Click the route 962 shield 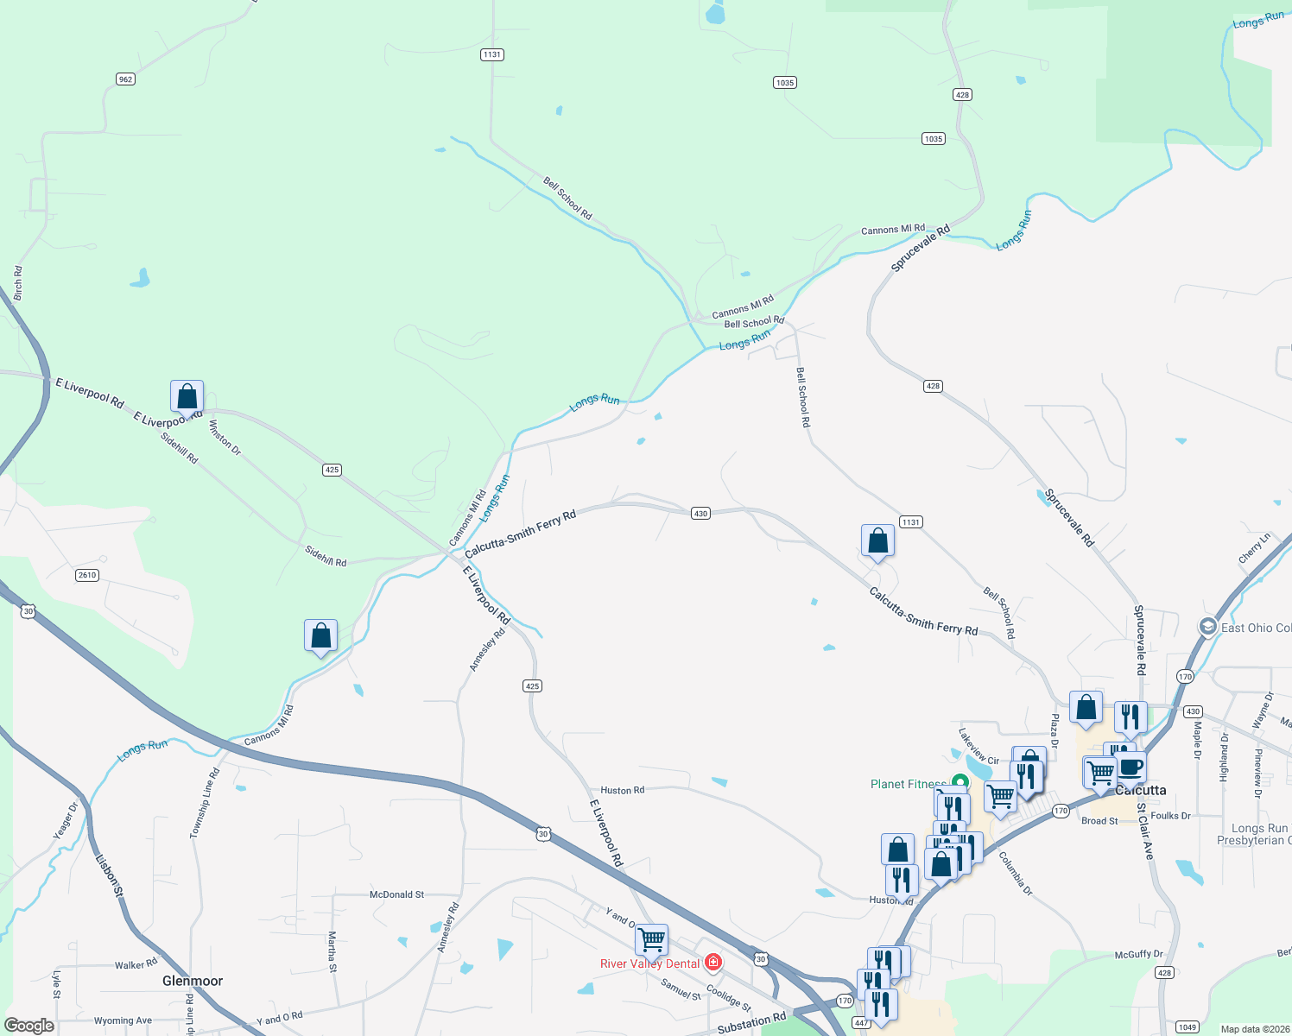coord(125,79)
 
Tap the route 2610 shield coord(87,575)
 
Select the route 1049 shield coord(1187,1027)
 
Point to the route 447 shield coord(861,1022)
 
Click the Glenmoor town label coord(193,981)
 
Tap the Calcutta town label coord(1141,790)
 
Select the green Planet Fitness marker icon coord(958,783)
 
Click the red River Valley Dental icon coord(712,962)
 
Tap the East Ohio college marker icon coord(1208,627)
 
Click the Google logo coord(28,1026)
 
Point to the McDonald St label coord(396,894)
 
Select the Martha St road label coord(332,951)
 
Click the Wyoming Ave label coord(123,1020)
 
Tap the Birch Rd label coord(18,283)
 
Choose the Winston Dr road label coord(225,437)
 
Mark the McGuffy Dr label coord(1138,954)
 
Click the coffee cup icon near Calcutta coord(1130,766)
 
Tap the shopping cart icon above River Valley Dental coord(652,938)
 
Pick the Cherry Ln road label coord(1254,548)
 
